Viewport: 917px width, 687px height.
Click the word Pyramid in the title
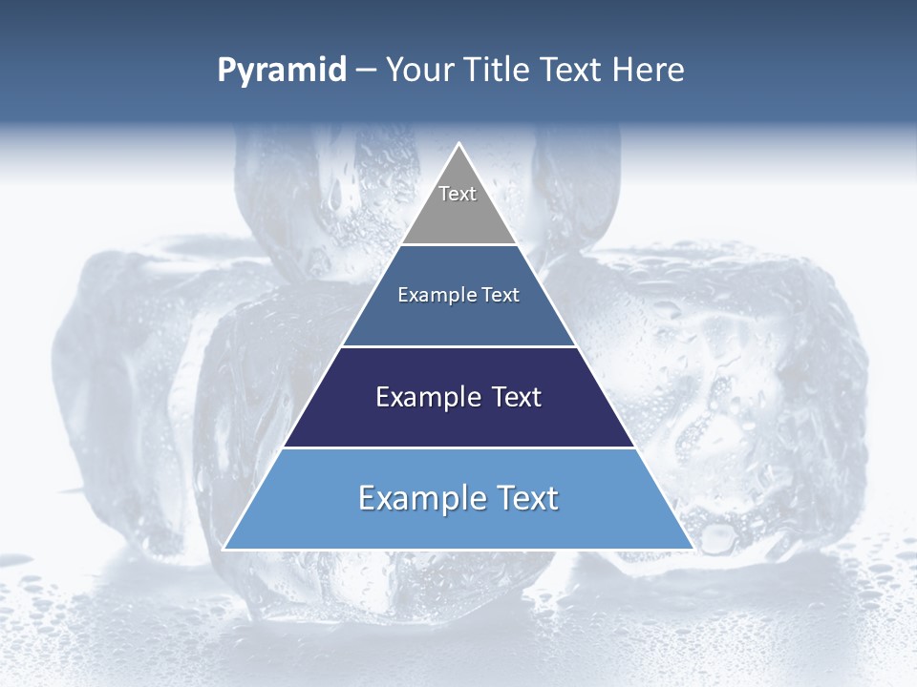(282, 71)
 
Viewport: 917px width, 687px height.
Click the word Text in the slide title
(572, 70)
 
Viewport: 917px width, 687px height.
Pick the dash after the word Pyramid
(365, 71)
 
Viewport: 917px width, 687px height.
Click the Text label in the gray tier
(458, 194)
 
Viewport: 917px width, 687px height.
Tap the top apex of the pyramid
(459, 145)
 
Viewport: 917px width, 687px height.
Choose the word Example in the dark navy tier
(428, 397)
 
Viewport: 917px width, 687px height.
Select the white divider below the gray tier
(459, 245)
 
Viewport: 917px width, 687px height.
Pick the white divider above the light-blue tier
(459, 448)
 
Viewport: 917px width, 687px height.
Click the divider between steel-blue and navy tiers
(459, 346)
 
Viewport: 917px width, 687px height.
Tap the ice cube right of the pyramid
(755, 382)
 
